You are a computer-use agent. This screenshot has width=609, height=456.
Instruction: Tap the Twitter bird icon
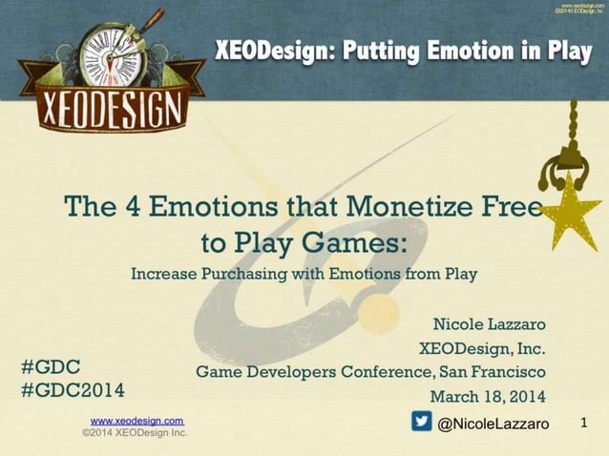[x=421, y=421]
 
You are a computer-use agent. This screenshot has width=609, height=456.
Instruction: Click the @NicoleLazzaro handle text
[x=493, y=423]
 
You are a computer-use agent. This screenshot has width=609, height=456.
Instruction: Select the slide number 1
[x=584, y=421]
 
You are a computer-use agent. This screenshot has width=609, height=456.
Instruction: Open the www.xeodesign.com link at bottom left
[x=136, y=420]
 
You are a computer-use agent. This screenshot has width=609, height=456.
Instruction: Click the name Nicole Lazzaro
[x=489, y=326]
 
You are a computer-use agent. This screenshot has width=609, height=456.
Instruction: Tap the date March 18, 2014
[x=488, y=396]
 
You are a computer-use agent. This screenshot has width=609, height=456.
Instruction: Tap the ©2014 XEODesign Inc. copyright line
[x=135, y=432]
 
